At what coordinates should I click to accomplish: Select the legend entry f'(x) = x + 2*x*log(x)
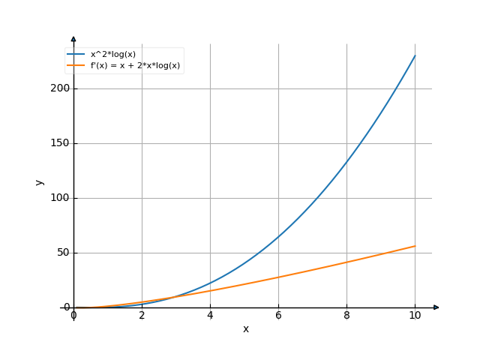click(135, 66)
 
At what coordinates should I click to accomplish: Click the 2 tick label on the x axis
click(142, 316)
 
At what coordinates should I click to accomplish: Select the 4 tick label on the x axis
click(210, 316)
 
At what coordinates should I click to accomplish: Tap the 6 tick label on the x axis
click(278, 316)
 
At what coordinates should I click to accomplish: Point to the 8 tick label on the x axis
click(346, 316)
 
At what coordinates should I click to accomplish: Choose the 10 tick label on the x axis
click(415, 316)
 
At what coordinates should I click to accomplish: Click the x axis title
click(245, 328)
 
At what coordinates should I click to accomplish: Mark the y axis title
click(40, 181)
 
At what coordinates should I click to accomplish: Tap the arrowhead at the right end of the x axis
click(436, 307)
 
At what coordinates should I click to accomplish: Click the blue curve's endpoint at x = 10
click(415, 55)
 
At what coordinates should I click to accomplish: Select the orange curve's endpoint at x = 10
click(415, 246)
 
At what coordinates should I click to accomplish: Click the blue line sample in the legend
click(76, 55)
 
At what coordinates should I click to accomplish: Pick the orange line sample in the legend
click(76, 66)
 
